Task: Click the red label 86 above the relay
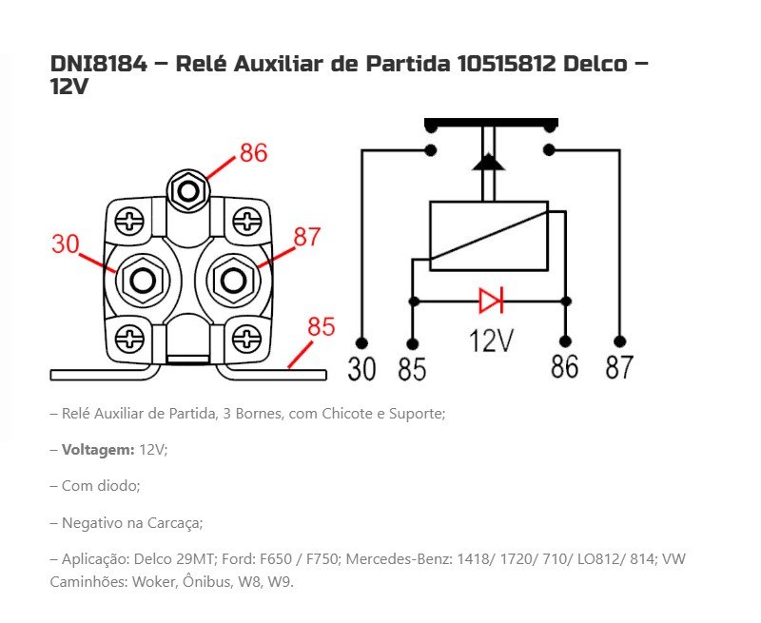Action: coord(253,153)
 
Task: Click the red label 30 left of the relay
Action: coord(65,243)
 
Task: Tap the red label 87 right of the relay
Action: coord(307,237)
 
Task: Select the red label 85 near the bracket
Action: coord(322,327)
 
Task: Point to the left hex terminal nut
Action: coord(143,281)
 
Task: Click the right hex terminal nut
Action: coord(231,281)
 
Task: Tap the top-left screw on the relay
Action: coord(128,223)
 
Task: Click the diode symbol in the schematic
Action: coord(491,302)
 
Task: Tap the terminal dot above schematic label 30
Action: coord(361,341)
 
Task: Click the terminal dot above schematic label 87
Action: coord(619,341)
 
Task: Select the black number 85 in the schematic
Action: coord(412,369)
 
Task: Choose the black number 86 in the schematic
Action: coord(564,367)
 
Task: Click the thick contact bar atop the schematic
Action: coord(491,125)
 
